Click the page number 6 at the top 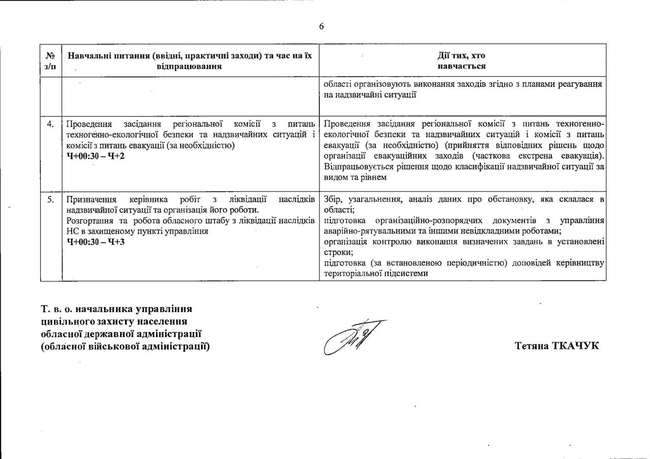click(321, 26)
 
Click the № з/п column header click(51, 60)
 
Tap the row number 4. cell click(51, 124)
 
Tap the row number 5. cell click(51, 200)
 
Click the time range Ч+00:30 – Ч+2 click(95, 155)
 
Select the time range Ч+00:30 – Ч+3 click(95, 241)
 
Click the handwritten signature click(354, 337)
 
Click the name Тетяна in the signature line click(532, 346)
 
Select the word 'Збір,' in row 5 click(333, 199)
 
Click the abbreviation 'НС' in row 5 click(72, 231)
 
